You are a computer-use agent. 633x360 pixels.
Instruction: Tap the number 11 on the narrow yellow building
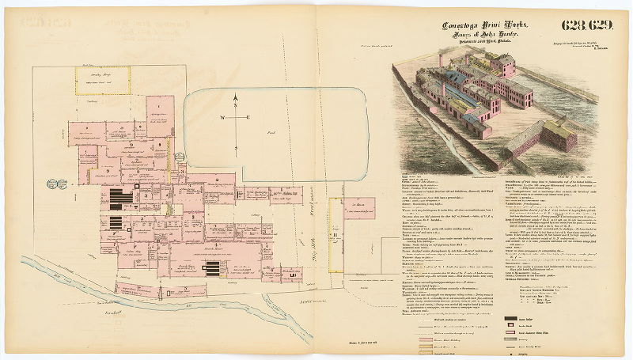pos(335,233)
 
